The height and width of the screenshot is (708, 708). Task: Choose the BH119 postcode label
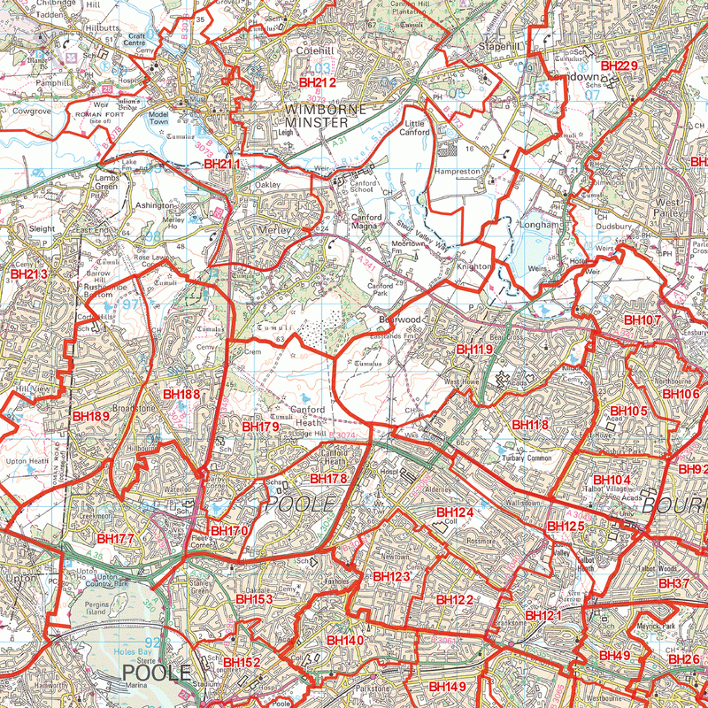pos(474,350)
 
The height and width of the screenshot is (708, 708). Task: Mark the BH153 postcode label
pos(254,599)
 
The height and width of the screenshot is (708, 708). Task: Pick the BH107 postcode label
pos(643,319)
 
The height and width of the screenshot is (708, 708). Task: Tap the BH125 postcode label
pos(566,527)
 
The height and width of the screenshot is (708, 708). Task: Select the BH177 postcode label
pos(115,538)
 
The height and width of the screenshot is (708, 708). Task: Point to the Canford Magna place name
pos(367,223)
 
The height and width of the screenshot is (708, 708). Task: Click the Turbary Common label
pos(527,458)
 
